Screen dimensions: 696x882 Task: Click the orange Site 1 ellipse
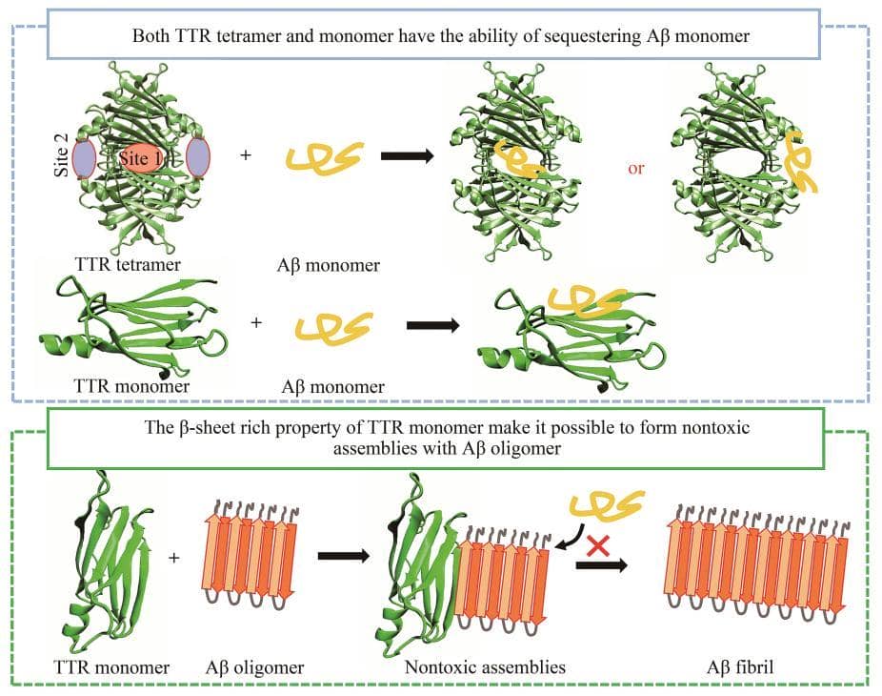point(140,158)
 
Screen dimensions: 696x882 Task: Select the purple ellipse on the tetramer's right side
point(197,157)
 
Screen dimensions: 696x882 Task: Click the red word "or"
point(636,168)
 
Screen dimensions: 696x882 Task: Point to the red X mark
point(598,546)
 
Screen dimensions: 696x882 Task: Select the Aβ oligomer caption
point(254,667)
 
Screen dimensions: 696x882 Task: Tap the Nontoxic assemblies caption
point(485,667)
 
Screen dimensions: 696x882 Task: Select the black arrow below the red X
point(600,565)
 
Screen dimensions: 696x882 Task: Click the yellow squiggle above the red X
point(607,505)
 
